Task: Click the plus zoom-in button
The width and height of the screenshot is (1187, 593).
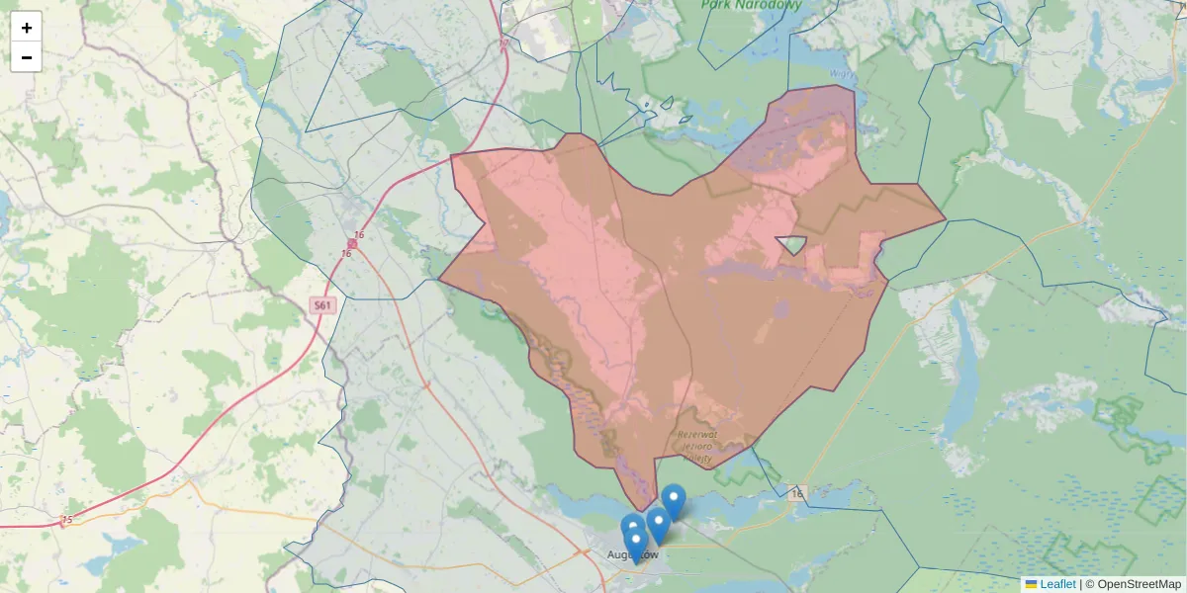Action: [x=26, y=28]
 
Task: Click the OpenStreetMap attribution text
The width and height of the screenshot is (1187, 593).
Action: [x=1139, y=584]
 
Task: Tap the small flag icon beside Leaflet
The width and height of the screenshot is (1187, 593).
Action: [x=1031, y=584]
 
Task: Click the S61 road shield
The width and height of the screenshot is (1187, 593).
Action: [x=322, y=305]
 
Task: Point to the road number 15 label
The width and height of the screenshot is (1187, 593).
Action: [x=66, y=520]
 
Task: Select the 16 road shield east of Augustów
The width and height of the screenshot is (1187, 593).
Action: [x=797, y=492]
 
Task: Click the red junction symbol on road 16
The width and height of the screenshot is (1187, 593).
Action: [x=352, y=243]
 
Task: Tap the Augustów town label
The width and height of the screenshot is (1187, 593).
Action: [x=633, y=554]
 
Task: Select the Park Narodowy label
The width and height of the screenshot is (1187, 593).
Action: [x=751, y=5]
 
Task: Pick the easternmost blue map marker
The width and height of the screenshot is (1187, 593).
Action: [x=674, y=500]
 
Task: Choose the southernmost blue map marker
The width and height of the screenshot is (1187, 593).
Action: [x=636, y=545]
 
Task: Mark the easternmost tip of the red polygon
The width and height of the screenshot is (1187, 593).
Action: [x=945, y=218]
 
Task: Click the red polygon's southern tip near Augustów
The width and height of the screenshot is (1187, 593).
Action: [x=643, y=510]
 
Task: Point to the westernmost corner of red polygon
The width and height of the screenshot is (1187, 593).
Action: [x=439, y=279]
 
